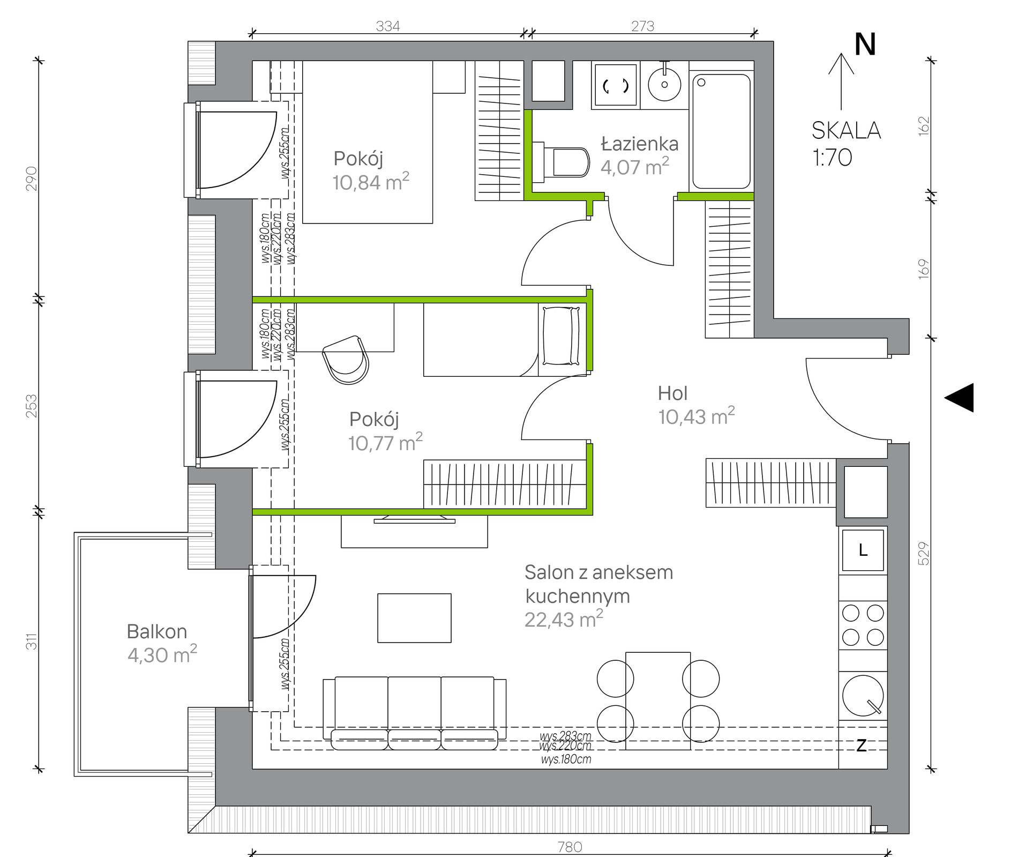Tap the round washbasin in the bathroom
(x=664, y=84)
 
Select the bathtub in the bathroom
(x=721, y=131)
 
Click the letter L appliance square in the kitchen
(x=863, y=550)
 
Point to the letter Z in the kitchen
(x=862, y=745)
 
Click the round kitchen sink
(x=863, y=695)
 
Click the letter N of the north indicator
(x=865, y=44)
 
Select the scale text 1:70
(x=832, y=158)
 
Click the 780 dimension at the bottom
(x=570, y=847)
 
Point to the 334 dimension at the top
(x=388, y=26)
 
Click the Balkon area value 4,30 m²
(x=162, y=654)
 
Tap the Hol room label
(x=672, y=393)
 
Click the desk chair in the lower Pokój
(x=346, y=360)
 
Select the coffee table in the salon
(x=414, y=618)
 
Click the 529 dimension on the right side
(x=923, y=554)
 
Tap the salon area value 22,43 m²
(x=564, y=619)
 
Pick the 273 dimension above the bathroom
(x=642, y=26)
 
